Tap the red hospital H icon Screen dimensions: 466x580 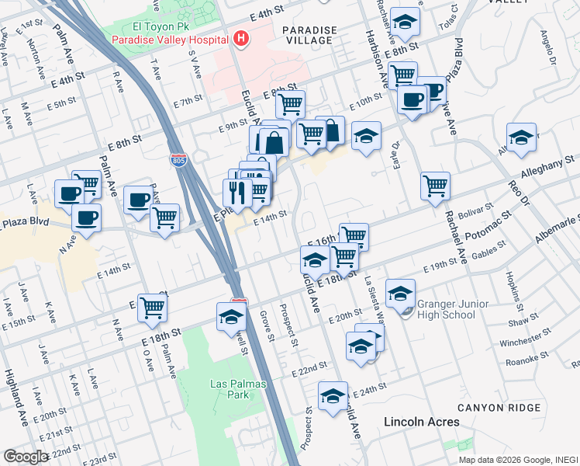(x=241, y=38)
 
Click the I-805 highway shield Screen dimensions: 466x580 (x=178, y=160)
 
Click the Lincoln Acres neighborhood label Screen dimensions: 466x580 (x=422, y=422)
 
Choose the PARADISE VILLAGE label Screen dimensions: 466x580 (x=309, y=36)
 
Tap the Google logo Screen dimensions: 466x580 (x=26, y=457)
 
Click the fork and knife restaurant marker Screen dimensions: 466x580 (x=238, y=192)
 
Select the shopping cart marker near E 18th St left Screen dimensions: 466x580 (x=153, y=307)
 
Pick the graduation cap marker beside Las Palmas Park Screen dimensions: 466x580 (x=231, y=317)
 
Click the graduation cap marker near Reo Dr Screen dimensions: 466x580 (x=522, y=137)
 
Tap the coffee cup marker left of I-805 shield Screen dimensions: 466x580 (x=139, y=199)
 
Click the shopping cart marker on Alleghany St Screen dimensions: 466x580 (x=436, y=185)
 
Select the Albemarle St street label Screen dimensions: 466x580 (x=556, y=235)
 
